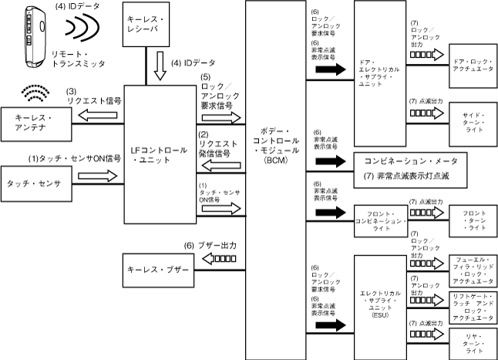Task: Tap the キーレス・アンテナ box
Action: click(x=36, y=122)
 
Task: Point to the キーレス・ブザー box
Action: click(x=155, y=272)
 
